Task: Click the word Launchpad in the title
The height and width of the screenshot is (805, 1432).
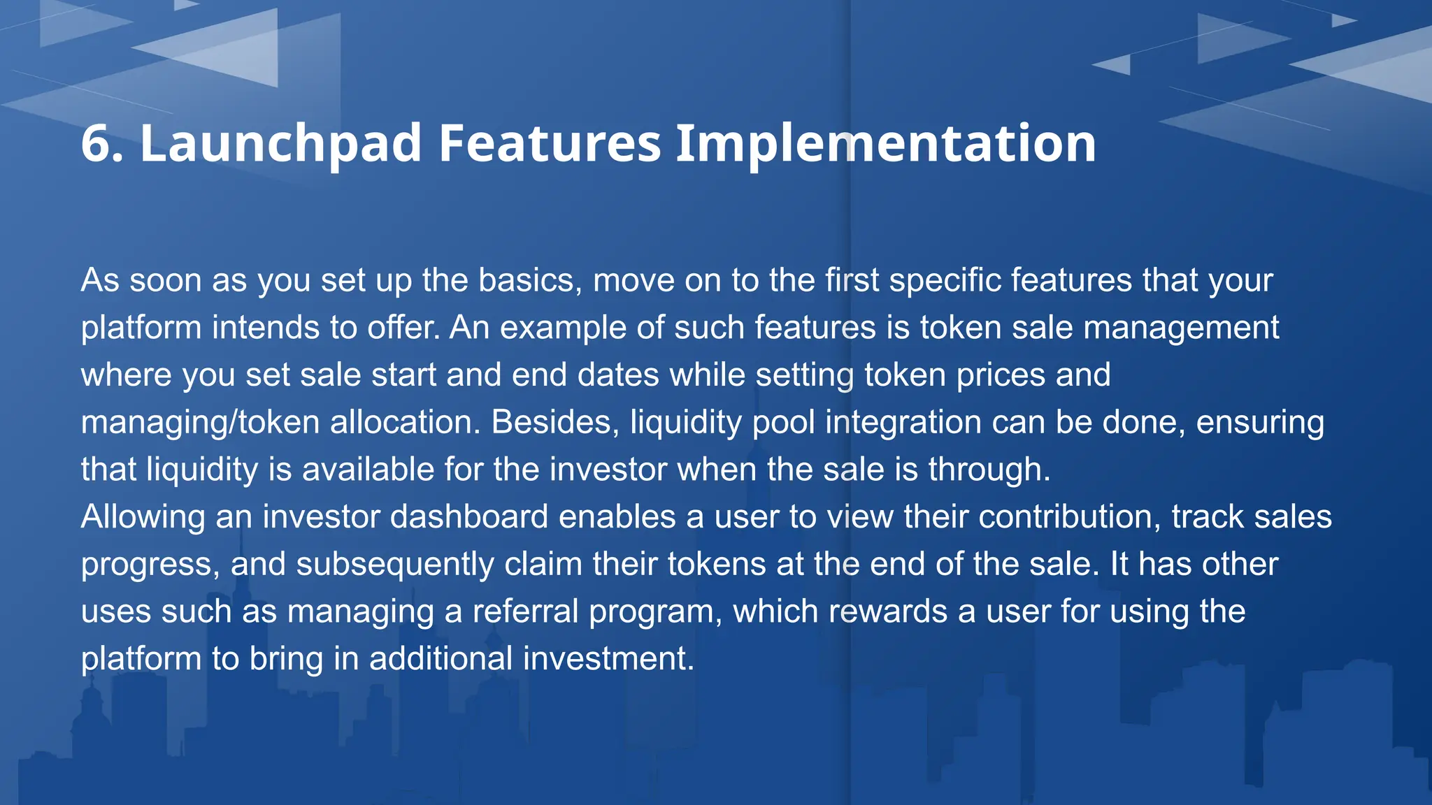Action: (x=280, y=143)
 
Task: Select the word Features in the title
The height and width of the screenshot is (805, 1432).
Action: (x=549, y=143)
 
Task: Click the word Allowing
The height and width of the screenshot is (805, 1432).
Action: (x=143, y=517)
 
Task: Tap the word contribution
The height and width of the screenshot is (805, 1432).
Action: (x=1069, y=517)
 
